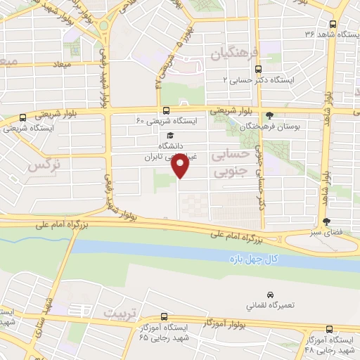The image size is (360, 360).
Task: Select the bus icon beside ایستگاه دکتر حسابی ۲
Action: point(258,69)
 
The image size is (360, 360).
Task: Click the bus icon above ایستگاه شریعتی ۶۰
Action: point(166,110)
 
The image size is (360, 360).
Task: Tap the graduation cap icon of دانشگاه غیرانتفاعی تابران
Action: point(169,136)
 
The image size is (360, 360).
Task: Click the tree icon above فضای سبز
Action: point(325,221)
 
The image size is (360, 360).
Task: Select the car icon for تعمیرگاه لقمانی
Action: point(270,295)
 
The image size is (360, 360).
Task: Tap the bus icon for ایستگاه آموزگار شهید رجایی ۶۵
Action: point(164,317)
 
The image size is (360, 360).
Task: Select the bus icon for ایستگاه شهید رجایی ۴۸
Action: point(329,328)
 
